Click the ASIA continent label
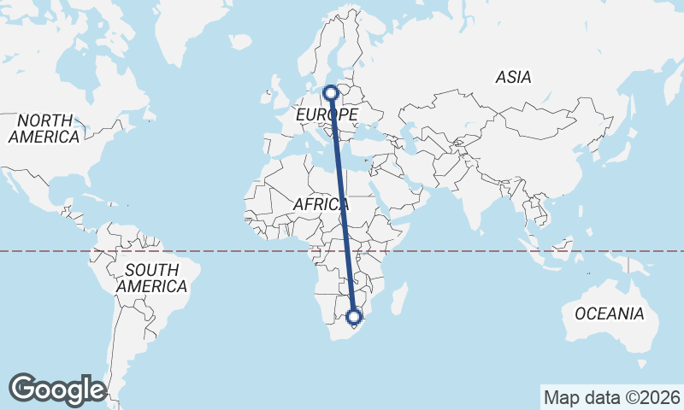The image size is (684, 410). pyautogui.click(x=513, y=78)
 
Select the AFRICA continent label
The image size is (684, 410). pyautogui.click(x=321, y=205)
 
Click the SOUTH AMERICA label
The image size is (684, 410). pyautogui.click(x=151, y=278)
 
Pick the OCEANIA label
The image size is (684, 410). pyautogui.click(x=609, y=314)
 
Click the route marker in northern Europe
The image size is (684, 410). pyautogui.click(x=331, y=92)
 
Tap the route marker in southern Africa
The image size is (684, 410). pyautogui.click(x=354, y=318)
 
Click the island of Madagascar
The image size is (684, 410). pyautogui.click(x=398, y=298)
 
